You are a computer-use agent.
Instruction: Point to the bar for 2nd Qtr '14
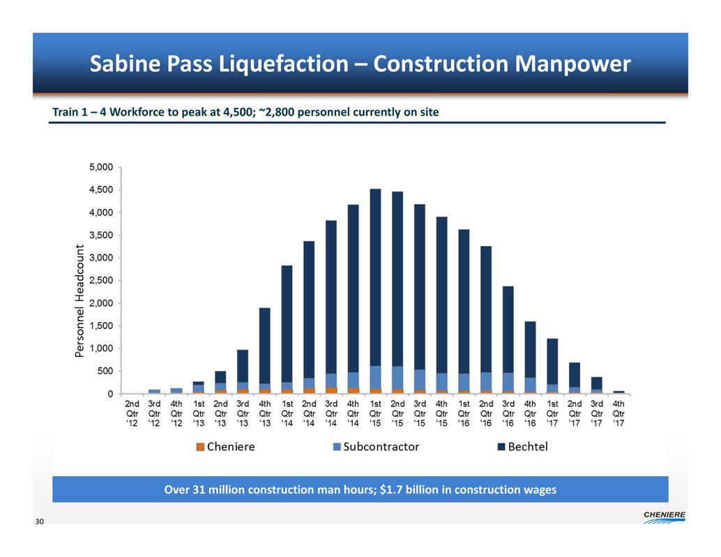pos(309,317)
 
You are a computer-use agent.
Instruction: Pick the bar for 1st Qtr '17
pos(552,366)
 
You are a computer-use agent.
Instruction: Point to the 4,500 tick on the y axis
pos(102,190)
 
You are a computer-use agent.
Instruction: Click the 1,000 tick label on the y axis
pos(102,349)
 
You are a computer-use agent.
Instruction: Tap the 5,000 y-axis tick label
pos(102,167)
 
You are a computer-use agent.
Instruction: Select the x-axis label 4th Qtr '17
pos(618,413)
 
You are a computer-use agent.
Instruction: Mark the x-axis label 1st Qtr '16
pos(464,413)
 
